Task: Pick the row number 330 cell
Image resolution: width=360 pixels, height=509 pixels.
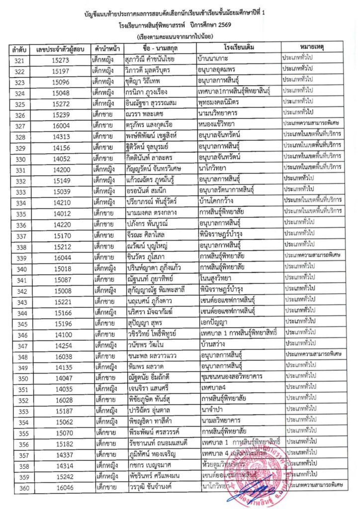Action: (20, 159)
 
